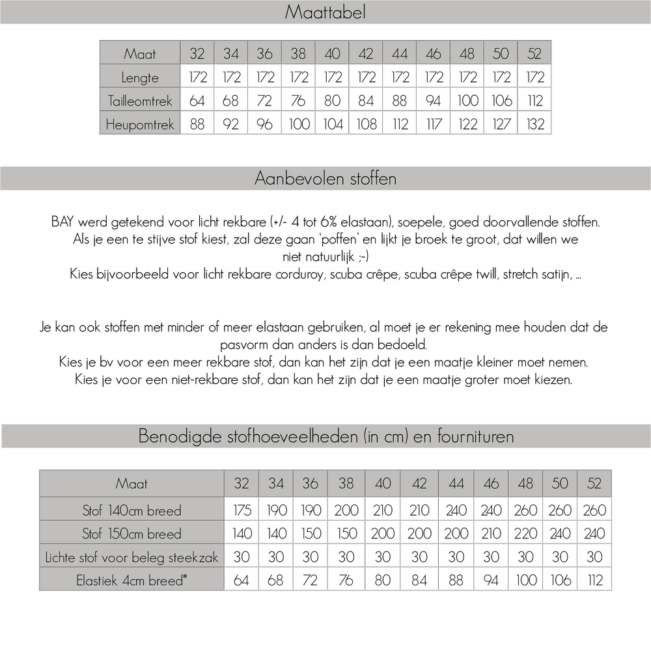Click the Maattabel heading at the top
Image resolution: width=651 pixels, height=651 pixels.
pos(325,12)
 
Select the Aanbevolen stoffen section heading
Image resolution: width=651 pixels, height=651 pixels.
pos(325,178)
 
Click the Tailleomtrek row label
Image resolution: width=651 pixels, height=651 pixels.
pos(140,101)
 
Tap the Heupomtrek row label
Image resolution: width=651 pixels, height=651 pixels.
pos(140,124)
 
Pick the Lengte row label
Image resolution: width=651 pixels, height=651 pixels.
pos(140,77)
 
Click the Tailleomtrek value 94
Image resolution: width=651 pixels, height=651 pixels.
pos(433,101)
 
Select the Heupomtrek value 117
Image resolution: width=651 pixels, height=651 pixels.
pos(433,124)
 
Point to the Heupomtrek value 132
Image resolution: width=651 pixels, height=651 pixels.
pos(534,124)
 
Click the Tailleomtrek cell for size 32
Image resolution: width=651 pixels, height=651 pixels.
pos(197,101)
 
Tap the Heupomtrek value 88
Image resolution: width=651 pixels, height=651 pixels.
pos(197,124)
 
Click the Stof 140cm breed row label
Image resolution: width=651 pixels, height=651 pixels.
pos(132,510)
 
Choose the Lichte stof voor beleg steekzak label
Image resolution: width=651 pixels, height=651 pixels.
pos(132,557)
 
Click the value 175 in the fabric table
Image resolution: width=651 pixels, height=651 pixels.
pos(242,510)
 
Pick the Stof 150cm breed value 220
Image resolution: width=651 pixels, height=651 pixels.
pos(525,533)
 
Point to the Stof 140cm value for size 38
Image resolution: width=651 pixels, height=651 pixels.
pos(346,510)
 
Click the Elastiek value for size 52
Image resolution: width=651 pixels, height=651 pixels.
pos(595,579)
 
